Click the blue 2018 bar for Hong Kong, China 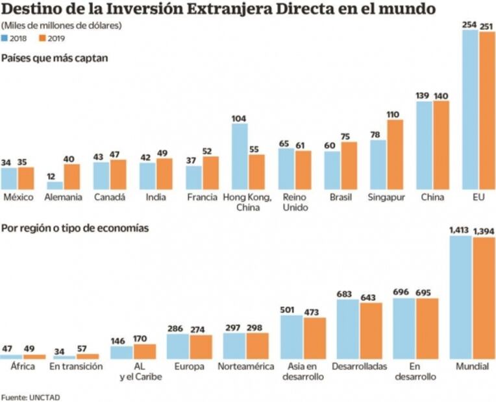coord(240,156)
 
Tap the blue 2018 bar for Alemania coord(55,185)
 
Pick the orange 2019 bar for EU coord(487,110)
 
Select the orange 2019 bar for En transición coord(88,356)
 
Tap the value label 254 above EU coord(469,24)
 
